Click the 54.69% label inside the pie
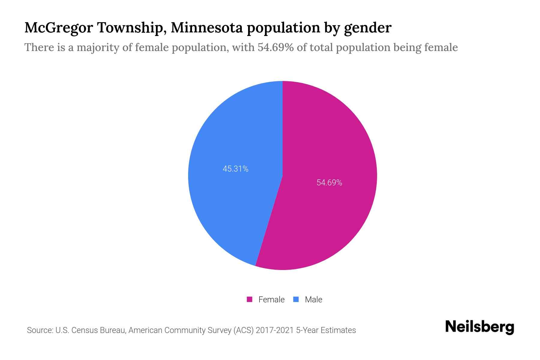click(x=329, y=183)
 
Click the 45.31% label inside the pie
click(x=235, y=169)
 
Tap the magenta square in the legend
click(x=249, y=299)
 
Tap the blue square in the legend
click(x=296, y=299)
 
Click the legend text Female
click(x=271, y=299)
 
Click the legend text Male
click(x=313, y=299)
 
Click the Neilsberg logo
click(x=479, y=327)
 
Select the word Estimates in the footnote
click(x=338, y=330)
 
